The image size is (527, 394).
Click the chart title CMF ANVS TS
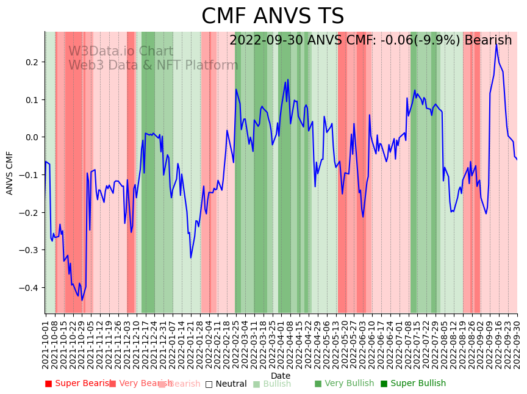(273, 16)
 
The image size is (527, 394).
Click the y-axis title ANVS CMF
(10, 173)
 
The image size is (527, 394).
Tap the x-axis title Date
(281, 376)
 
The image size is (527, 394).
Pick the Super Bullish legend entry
(413, 384)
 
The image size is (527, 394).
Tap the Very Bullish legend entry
(344, 384)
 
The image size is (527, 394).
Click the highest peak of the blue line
(496, 44)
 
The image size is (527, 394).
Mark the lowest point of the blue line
(82, 300)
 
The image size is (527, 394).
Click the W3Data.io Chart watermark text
(121, 51)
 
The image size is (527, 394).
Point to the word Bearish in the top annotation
(488, 41)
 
